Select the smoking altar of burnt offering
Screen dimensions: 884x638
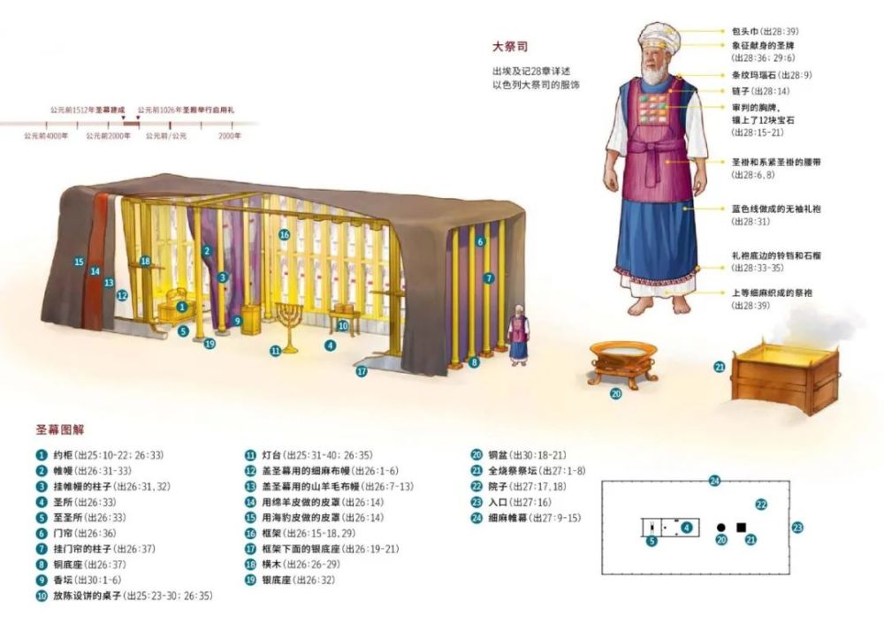[784, 376]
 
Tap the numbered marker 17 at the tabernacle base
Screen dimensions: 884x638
[362, 372]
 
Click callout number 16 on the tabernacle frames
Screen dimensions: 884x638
[284, 235]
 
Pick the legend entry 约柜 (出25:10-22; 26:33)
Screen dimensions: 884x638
[106, 455]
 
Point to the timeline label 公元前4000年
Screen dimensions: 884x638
[44, 137]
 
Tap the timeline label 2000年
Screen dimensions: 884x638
[229, 137]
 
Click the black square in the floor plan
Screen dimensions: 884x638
[742, 528]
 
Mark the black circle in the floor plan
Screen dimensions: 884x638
[720, 528]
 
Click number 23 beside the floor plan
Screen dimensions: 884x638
[797, 528]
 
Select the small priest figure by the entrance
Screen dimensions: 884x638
[517, 338]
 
